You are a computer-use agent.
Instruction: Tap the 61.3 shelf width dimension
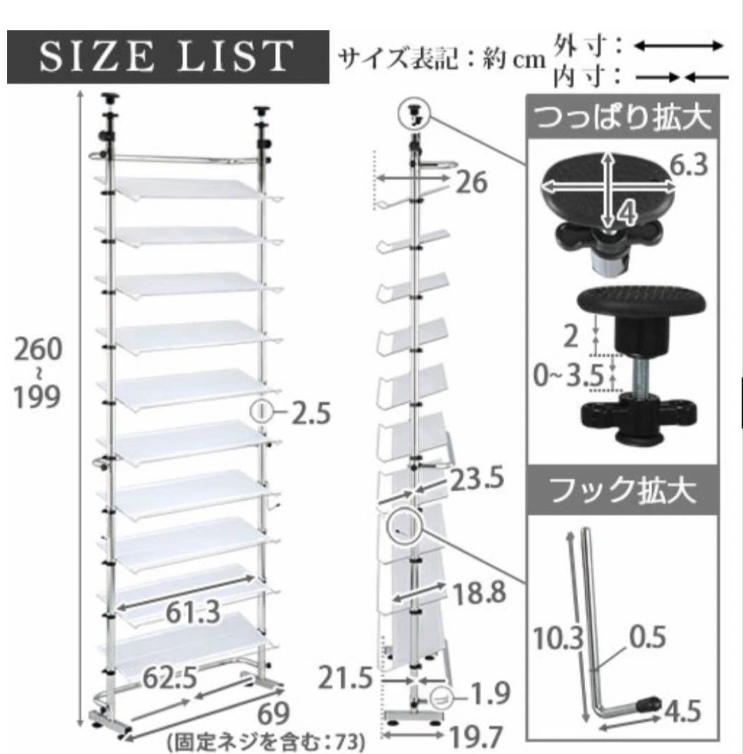pyautogui.click(x=193, y=612)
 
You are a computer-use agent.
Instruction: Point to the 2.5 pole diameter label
pyautogui.click(x=310, y=413)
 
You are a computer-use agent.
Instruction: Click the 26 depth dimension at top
pyautogui.click(x=473, y=183)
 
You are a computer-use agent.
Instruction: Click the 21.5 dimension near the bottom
pyautogui.click(x=346, y=679)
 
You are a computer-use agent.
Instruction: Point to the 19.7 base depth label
pyautogui.click(x=476, y=737)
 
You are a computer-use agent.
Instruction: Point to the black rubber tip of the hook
pyautogui.click(x=654, y=702)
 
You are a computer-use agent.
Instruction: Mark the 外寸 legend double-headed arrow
pyautogui.click(x=678, y=46)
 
